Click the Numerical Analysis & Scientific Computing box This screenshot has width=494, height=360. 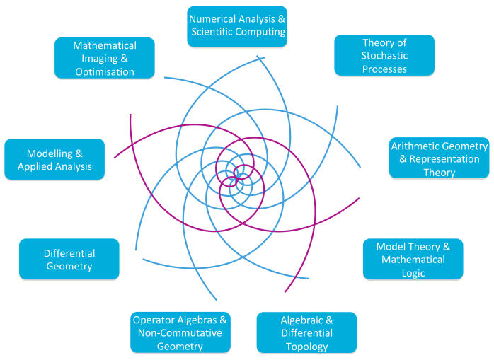(236, 26)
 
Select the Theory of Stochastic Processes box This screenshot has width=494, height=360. (384, 55)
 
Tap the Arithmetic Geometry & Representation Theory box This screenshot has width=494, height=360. (440, 158)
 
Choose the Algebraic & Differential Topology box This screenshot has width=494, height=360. (306, 332)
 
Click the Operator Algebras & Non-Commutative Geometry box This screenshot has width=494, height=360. (180, 332)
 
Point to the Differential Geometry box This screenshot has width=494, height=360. (69, 259)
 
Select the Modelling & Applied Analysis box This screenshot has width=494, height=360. (54, 159)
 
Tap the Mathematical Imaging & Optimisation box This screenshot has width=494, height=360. (104, 58)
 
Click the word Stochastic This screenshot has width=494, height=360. (384, 56)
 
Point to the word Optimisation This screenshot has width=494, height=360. (104, 71)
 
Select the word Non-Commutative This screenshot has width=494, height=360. (180, 332)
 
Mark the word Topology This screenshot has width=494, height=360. (306, 346)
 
